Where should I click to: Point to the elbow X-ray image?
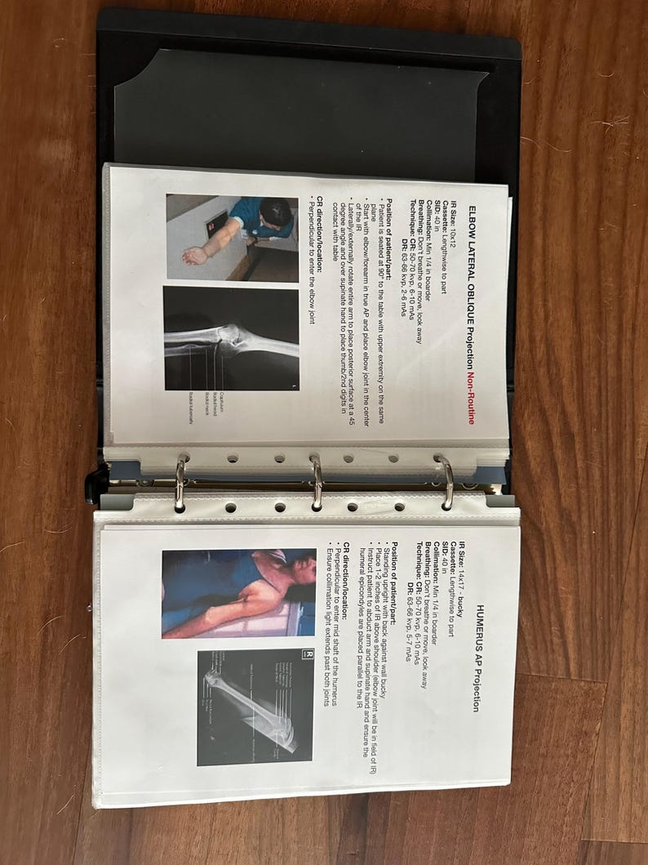(x=231, y=338)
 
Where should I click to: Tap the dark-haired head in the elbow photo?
(x=275, y=214)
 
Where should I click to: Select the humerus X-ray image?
(x=255, y=707)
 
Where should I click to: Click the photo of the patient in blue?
(x=238, y=592)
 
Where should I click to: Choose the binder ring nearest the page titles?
(x=446, y=483)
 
